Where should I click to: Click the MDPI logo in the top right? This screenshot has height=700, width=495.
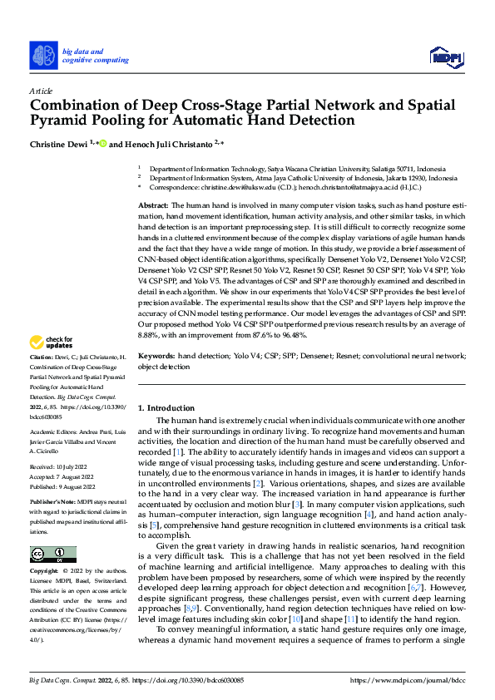click(445, 56)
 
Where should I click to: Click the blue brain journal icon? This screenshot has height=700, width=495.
click(43, 56)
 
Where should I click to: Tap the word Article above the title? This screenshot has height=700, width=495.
click(41, 90)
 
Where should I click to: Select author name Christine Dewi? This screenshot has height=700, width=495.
click(62, 143)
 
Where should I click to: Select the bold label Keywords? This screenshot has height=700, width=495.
click(156, 355)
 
